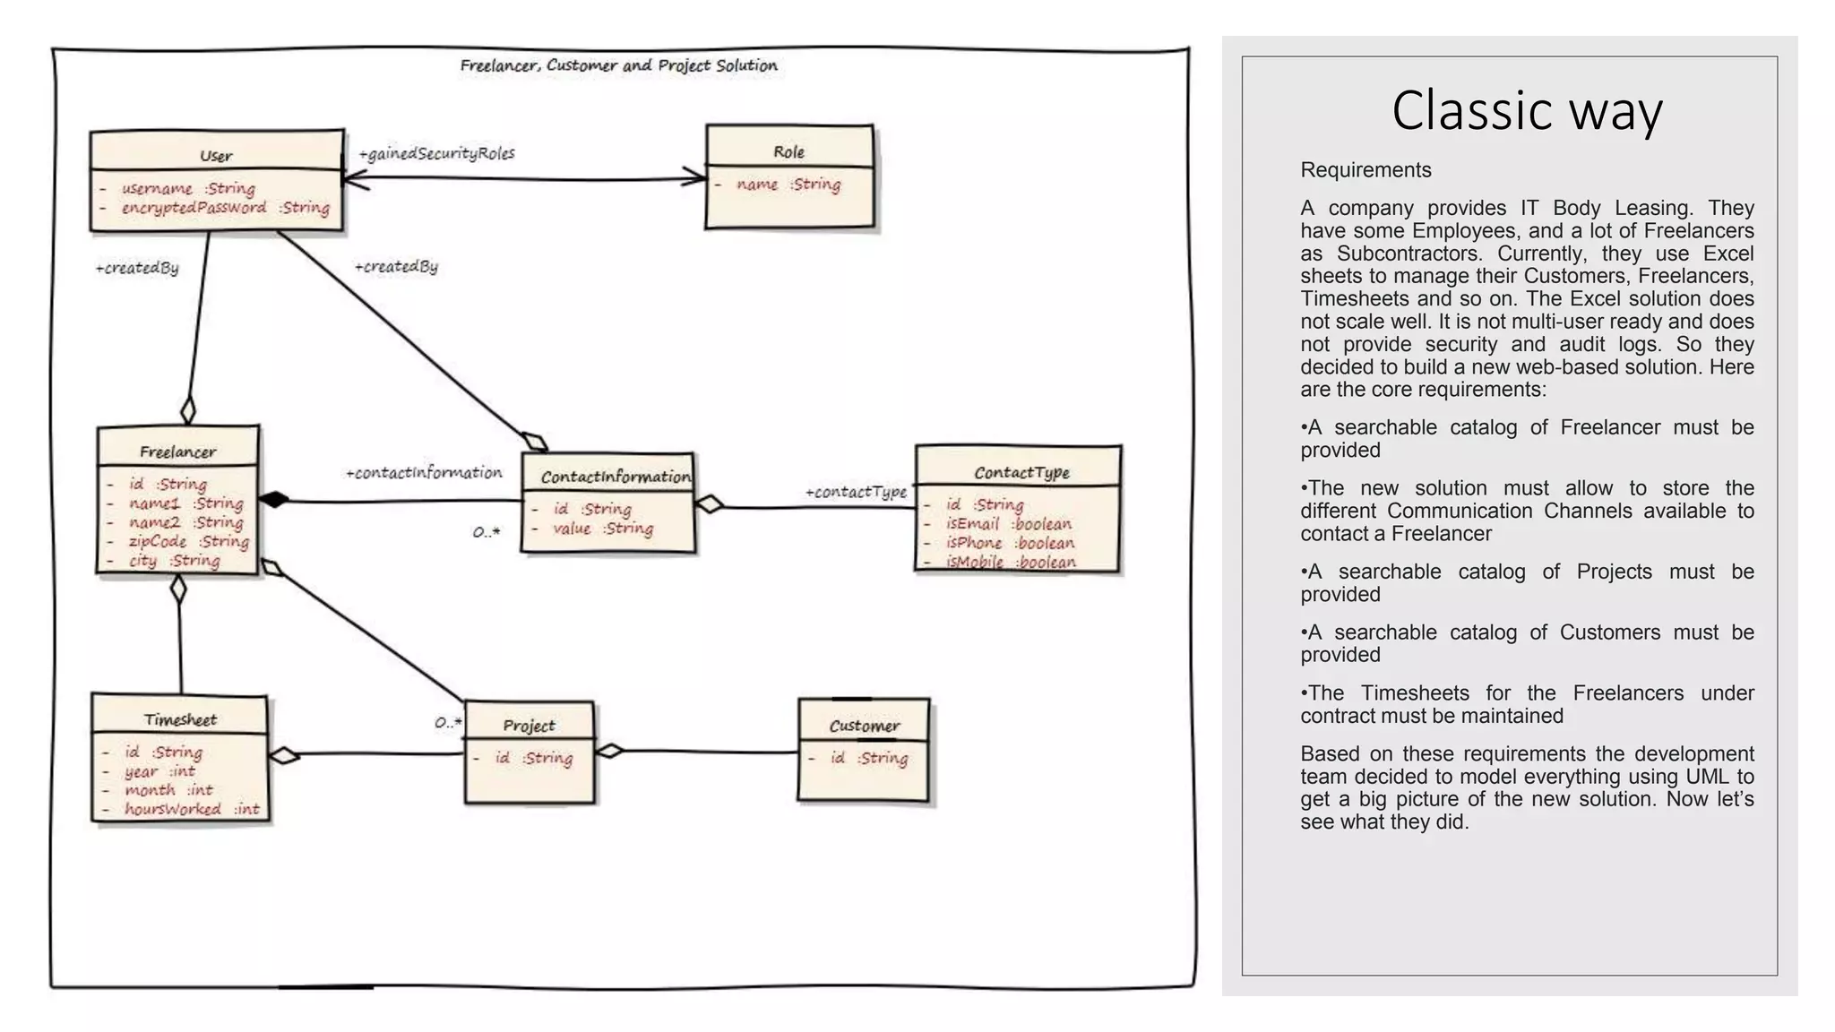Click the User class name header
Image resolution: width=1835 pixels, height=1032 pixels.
tap(216, 156)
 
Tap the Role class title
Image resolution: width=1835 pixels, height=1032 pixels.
tap(788, 152)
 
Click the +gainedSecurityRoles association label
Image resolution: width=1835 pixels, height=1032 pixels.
tap(436, 153)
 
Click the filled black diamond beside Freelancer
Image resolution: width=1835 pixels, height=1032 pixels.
tap(274, 500)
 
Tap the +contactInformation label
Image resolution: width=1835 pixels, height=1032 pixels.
tap(424, 472)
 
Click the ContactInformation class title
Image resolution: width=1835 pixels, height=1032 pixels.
tap(615, 477)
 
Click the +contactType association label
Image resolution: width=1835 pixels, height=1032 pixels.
tap(856, 492)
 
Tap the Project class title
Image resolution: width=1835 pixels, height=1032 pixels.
tap(529, 726)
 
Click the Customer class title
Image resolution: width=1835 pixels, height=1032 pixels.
tap(864, 726)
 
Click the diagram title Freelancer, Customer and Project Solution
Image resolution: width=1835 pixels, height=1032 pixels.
tap(618, 65)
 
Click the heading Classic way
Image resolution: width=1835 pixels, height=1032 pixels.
tap(1527, 111)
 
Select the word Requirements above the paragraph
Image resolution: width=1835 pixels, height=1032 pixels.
tap(1365, 170)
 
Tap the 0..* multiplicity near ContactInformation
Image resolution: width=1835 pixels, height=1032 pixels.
tap(486, 532)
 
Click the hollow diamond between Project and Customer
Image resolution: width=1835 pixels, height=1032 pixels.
tap(610, 751)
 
